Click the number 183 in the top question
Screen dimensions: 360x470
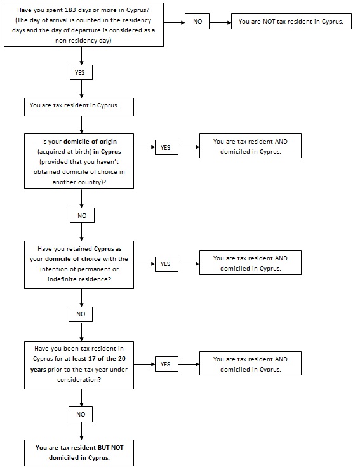(70, 10)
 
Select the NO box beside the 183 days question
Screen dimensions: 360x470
(197, 22)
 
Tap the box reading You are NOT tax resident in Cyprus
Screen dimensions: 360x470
(291, 22)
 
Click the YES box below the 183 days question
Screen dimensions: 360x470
(81, 72)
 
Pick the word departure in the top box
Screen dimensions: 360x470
(86, 30)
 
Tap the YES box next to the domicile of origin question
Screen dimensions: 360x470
(166, 147)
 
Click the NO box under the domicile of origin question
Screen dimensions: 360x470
(82, 215)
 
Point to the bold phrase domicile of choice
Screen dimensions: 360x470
(74, 259)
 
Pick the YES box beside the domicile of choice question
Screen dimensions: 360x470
(166, 264)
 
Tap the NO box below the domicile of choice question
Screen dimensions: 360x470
(81, 314)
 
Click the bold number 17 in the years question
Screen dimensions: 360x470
(91, 359)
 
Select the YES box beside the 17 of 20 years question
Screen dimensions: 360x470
(166, 364)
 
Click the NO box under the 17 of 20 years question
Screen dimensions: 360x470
(81, 414)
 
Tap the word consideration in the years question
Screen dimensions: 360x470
(77, 380)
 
